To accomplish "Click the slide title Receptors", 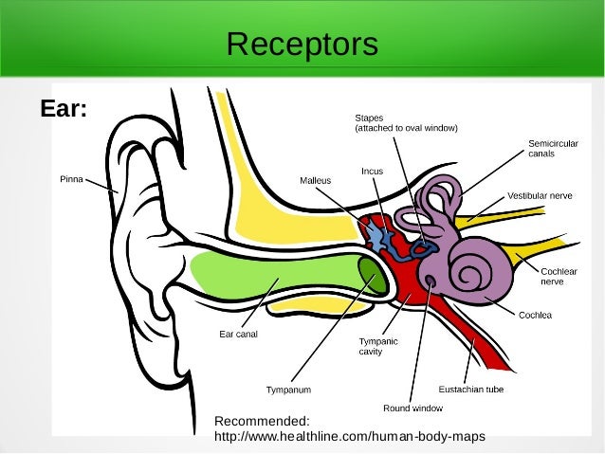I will [x=302, y=44].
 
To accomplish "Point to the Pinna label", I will [x=72, y=178].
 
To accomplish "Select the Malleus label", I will [x=315, y=179].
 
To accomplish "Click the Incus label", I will [x=372, y=172].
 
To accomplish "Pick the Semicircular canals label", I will [x=553, y=148].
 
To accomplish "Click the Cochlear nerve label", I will [x=559, y=276].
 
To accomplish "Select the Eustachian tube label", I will [x=470, y=389].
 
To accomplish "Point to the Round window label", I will [x=412, y=408].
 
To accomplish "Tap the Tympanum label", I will [x=288, y=390].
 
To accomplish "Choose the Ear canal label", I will [x=238, y=334].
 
